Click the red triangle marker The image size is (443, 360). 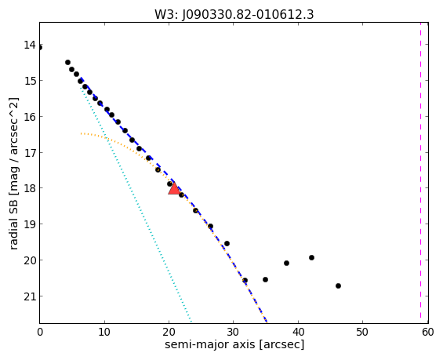pos(174,188)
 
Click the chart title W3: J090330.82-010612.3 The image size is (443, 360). pos(234,14)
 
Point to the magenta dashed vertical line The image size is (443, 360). pos(420,173)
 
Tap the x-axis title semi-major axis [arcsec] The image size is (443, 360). pos(234,344)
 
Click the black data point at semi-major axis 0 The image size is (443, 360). pos(40,48)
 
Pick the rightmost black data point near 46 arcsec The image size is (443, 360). pos(338,285)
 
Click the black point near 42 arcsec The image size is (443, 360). pos(311,257)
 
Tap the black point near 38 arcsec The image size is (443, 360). pos(286,263)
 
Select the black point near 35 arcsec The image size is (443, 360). pos(265,279)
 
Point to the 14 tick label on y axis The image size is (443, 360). pos(30,45)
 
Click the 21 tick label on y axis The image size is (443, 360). pos(30,296)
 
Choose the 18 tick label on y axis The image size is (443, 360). pos(30,188)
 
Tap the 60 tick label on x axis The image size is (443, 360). pos(428,332)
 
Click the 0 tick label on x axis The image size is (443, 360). pos(40,332)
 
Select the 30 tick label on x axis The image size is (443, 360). pos(234,332)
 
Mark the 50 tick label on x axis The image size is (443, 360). pos(362,332)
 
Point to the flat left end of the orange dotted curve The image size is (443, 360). pos(82,133)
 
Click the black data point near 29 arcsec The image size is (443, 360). pos(227,243)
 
